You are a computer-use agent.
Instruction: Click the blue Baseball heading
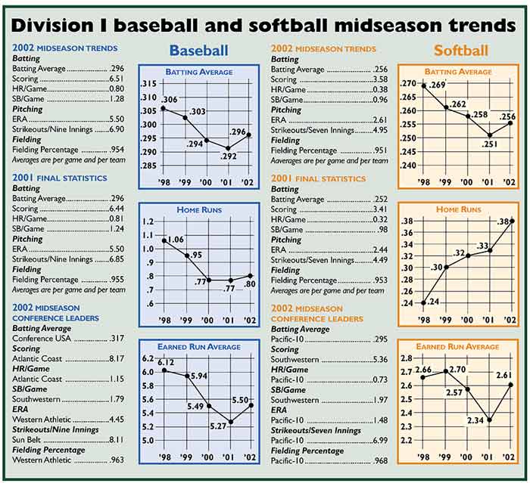(198, 51)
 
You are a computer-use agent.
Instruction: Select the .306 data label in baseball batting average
(169, 100)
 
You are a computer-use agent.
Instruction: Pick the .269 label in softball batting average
(438, 85)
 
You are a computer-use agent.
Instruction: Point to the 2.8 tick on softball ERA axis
(407, 358)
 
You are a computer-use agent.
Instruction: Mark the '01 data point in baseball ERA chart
(230, 422)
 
